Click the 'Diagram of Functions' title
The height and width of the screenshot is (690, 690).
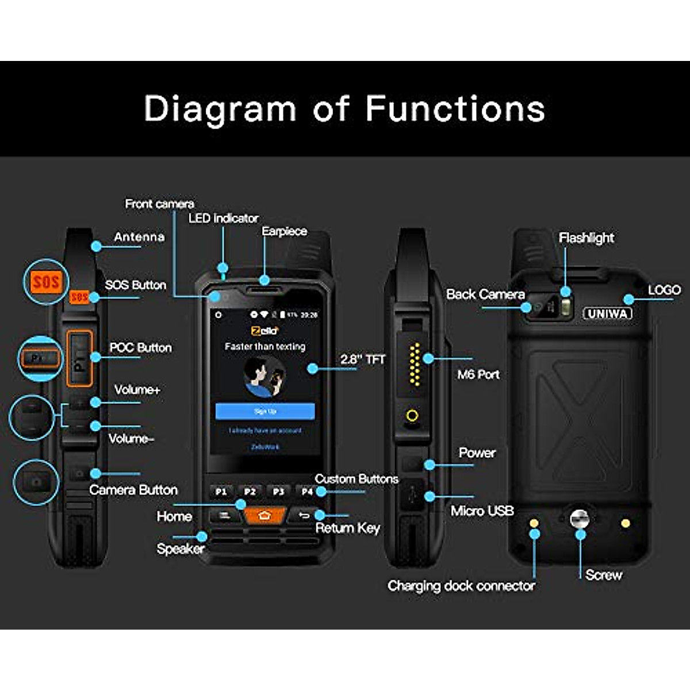click(x=344, y=109)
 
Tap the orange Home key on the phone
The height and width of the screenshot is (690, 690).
click(x=264, y=515)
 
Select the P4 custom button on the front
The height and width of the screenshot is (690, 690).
click(x=306, y=492)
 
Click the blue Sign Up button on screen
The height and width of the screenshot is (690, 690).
click(x=265, y=411)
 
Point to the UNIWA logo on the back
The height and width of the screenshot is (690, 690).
click(x=607, y=313)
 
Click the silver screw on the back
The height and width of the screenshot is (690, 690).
click(x=580, y=519)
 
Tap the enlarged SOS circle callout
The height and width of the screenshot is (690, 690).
click(x=45, y=282)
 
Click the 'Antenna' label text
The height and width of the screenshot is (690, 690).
click(x=139, y=237)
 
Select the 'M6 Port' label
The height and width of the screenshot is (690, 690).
click(x=478, y=374)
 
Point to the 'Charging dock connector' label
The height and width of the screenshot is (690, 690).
click(x=461, y=586)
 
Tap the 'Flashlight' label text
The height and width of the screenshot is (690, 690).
click(x=586, y=237)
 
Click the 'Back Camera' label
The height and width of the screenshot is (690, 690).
click(x=485, y=294)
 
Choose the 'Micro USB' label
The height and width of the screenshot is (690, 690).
click(x=482, y=511)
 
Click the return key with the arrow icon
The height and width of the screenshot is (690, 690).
click(x=304, y=515)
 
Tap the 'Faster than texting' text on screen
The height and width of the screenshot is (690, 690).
click(x=265, y=346)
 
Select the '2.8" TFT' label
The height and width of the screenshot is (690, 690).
click(x=363, y=359)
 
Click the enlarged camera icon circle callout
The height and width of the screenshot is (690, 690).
click(x=36, y=482)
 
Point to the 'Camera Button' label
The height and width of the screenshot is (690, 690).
click(x=133, y=490)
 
